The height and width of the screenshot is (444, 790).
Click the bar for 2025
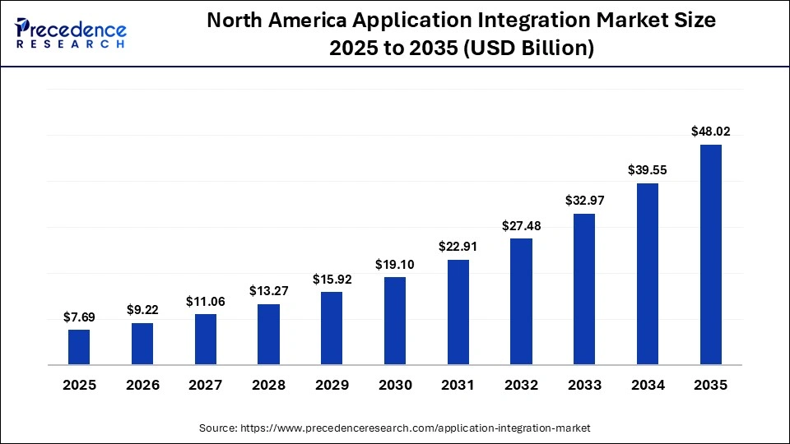79,346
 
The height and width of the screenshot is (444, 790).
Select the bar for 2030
395,320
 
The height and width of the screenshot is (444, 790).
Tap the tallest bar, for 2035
710,254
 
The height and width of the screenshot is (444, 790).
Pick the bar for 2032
521,301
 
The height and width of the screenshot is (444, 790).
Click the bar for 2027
206,339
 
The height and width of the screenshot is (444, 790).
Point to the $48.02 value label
710,131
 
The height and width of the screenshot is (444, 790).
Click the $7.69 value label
79,317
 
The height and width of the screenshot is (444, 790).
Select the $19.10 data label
395,264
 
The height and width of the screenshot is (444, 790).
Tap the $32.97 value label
584,200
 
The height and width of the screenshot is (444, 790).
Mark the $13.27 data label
268,290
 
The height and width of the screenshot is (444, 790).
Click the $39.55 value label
648,169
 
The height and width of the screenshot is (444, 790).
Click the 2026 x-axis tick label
142,385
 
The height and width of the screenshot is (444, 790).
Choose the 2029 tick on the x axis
332,385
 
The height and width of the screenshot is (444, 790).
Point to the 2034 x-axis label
648,385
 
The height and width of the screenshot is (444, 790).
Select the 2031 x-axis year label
458,385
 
